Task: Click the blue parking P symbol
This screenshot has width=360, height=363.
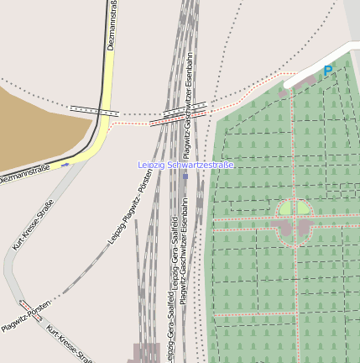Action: (x=328, y=71)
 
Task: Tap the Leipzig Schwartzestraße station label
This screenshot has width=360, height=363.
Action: (x=186, y=165)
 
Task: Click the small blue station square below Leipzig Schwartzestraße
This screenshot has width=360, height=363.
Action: (x=185, y=176)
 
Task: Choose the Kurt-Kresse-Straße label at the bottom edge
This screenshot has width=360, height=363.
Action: (x=69, y=343)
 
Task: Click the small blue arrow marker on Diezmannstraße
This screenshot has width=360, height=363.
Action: (x=65, y=165)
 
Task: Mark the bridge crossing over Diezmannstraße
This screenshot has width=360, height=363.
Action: (x=95, y=110)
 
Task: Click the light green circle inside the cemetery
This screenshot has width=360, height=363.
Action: (x=295, y=208)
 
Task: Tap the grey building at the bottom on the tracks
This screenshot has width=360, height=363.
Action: (x=145, y=352)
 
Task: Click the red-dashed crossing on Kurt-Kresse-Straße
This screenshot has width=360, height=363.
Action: (x=25, y=307)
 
